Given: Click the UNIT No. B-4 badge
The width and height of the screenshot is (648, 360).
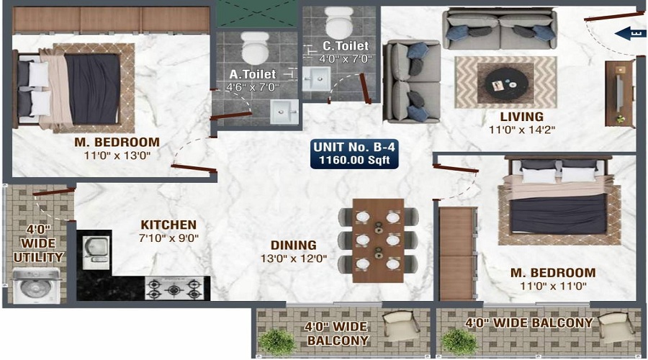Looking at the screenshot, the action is (354, 154).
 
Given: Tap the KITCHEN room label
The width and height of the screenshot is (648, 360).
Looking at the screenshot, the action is (168, 225).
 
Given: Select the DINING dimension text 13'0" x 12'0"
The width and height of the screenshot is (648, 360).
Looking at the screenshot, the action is (294, 259).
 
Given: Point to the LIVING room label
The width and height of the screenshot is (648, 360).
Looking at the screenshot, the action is (522, 117).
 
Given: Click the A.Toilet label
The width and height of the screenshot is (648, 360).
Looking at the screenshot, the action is (253, 74).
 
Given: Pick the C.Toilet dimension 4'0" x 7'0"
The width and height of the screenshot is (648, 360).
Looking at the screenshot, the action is (346, 59).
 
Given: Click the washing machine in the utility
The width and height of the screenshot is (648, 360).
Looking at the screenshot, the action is (37, 286).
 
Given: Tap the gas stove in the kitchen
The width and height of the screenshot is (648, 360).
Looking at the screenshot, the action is (174, 288).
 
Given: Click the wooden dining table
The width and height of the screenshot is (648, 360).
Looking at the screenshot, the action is (378, 240).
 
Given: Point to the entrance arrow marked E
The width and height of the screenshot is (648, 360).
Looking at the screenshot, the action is (629, 33).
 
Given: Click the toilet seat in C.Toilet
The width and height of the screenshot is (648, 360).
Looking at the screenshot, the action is (339, 23).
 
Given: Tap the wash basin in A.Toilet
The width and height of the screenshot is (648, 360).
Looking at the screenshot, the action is (284, 112).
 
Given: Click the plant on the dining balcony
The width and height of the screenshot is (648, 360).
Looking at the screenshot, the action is (277, 341).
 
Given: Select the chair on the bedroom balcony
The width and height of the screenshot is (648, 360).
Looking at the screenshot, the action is (616, 328).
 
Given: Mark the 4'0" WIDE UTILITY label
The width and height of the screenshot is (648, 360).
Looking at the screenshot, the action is (38, 243).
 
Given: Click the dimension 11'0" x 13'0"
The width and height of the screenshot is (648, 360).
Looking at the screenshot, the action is (117, 156).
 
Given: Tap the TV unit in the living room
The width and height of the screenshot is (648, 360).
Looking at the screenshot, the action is (619, 94).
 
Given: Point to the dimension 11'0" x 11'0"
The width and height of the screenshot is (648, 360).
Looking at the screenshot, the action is (553, 286).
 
